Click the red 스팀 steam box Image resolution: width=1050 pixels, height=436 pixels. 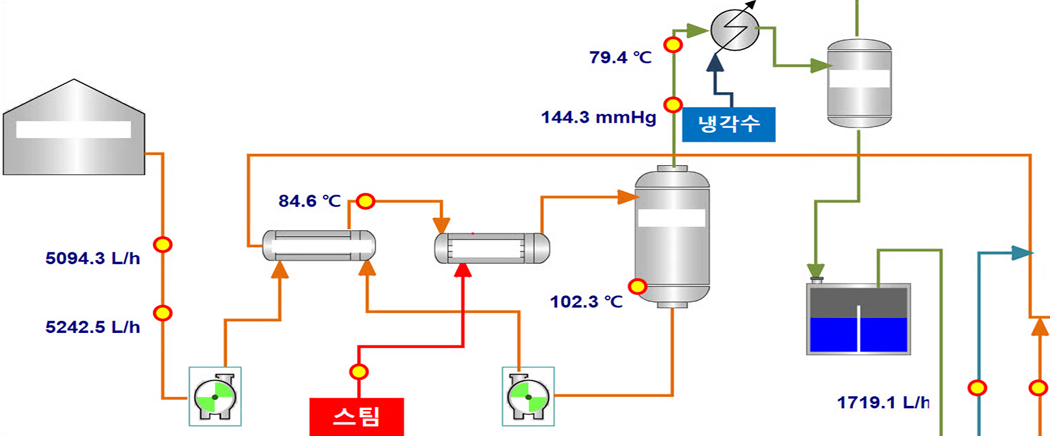[x=357, y=416]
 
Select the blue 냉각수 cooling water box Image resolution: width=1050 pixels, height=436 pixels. [x=728, y=124]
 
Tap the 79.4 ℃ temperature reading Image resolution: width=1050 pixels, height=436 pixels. [x=620, y=57]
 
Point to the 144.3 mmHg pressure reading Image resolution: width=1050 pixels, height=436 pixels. [x=598, y=117]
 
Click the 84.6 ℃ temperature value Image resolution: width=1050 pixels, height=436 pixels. [x=310, y=201]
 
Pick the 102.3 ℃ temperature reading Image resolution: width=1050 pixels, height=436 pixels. [x=586, y=302]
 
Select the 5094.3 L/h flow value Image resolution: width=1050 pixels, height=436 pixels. [x=93, y=258]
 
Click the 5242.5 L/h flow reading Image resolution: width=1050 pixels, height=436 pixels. [x=93, y=327]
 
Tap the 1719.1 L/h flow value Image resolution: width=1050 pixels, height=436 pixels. [x=884, y=403]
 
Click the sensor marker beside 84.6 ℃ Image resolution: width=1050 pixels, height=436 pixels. [x=366, y=201]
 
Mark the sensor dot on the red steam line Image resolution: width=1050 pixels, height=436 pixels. [x=359, y=372]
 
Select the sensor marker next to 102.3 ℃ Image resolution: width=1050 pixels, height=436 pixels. [x=638, y=287]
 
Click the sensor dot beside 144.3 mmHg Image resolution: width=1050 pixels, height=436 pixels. [x=674, y=105]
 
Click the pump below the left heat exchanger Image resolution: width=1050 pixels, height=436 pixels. [x=215, y=397]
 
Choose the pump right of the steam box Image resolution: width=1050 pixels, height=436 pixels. [x=528, y=397]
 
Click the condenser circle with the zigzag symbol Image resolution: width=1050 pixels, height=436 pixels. [x=735, y=30]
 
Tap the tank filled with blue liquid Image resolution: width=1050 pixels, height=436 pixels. [x=858, y=320]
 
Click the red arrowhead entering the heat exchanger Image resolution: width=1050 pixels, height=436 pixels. [x=464, y=271]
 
